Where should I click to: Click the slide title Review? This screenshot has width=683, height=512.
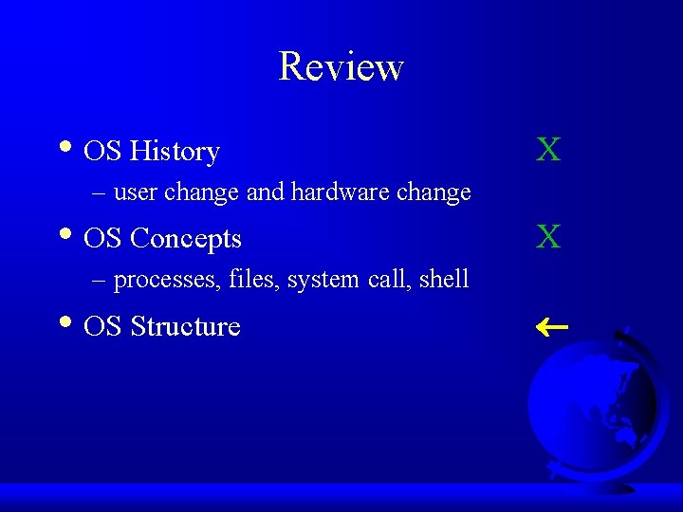pyautogui.click(x=341, y=66)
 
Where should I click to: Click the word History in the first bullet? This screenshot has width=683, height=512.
pyautogui.click(x=175, y=151)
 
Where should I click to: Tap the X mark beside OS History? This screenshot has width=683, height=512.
pyautogui.click(x=548, y=150)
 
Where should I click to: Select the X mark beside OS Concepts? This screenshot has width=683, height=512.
pyautogui.click(x=548, y=237)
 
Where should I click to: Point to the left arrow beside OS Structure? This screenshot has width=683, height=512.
pyautogui.click(x=551, y=327)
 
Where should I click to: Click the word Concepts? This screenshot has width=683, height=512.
pyautogui.click(x=186, y=238)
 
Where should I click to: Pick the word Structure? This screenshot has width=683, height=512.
pyautogui.click(x=185, y=326)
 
